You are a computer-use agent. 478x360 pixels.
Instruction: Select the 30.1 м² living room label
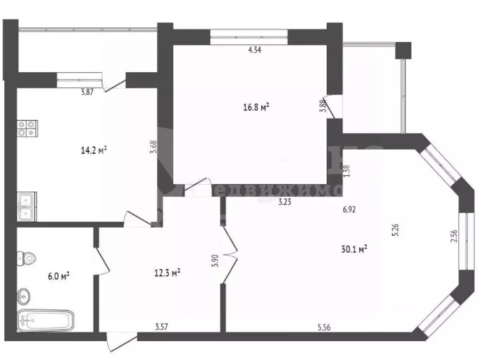pyautogui.click(x=354, y=250)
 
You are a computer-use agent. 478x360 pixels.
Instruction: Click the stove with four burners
pyautogui.click(x=27, y=128)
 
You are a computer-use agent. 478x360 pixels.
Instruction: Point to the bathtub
pyautogui.click(x=45, y=321)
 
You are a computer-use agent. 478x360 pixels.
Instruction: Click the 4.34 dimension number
pyautogui.click(x=254, y=51)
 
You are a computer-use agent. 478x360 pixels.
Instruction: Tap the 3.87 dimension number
pyautogui.click(x=88, y=92)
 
